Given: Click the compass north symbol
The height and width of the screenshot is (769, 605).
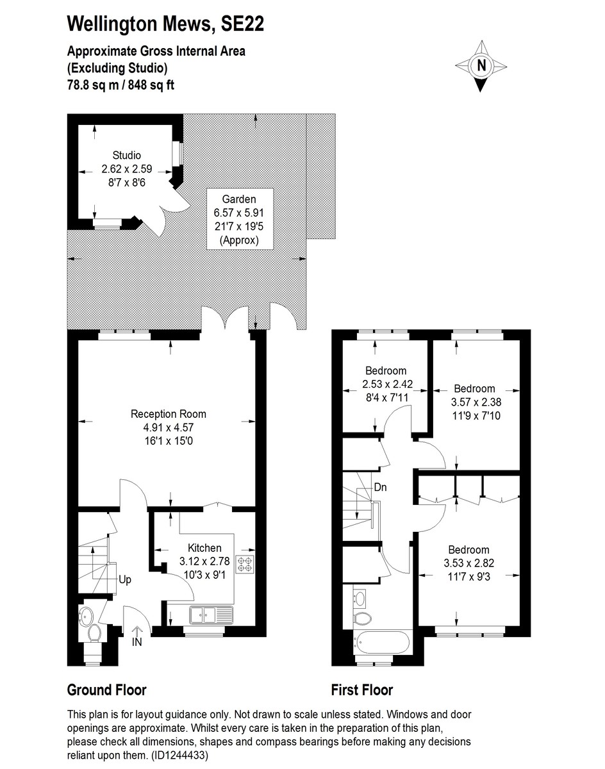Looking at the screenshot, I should (481, 65).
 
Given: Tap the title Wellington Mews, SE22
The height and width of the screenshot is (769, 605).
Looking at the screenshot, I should (165, 24).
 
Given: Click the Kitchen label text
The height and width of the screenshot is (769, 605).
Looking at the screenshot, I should (204, 547).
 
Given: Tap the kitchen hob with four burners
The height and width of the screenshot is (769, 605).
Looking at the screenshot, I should (245, 565).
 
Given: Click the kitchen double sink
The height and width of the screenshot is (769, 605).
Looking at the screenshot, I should (212, 616).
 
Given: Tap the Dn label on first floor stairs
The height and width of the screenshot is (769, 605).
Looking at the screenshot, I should (380, 487).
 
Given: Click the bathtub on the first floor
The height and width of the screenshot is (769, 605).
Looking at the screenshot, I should (381, 642).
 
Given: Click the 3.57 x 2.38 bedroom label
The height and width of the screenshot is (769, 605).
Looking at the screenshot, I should (474, 401).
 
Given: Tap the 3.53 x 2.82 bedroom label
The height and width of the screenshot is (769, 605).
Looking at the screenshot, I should (468, 561).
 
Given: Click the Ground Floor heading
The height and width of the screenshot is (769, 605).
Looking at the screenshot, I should (106, 690).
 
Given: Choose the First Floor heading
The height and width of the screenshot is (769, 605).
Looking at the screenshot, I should (361, 690).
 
